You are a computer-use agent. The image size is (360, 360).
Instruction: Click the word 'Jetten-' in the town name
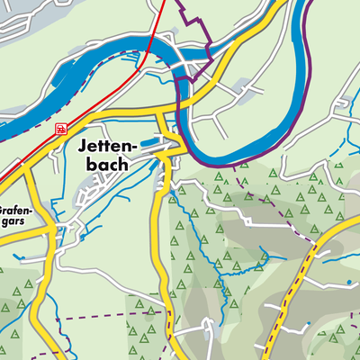click(x=99, y=145)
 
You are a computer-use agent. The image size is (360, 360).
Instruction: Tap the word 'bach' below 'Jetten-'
click(x=100, y=165)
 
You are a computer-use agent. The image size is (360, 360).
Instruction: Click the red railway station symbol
click(x=60, y=129)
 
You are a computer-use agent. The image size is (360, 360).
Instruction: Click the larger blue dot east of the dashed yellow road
click(x=349, y=282)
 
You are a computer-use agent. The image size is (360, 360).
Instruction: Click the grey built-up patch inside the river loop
click(x=239, y=89)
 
